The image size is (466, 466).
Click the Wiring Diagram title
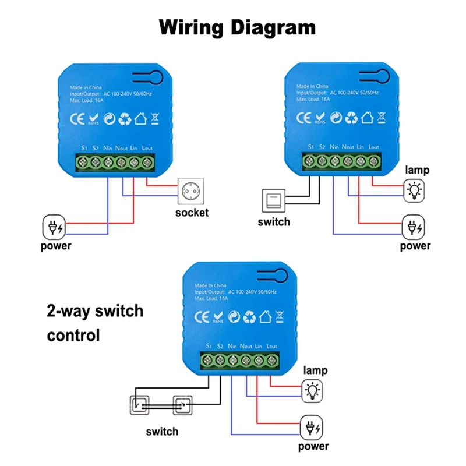click(238, 27)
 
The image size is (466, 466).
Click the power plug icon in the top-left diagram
click(55, 226)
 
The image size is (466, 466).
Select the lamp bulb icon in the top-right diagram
click(414, 189)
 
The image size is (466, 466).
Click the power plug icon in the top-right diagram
click(414, 225)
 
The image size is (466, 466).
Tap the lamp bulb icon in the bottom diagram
click(313, 390)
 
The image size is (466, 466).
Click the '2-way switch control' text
click(94, 323)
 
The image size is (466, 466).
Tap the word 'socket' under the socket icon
click(192, 213)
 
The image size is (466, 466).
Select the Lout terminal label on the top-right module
click(374, 147)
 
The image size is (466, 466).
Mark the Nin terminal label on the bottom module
click(232, 347)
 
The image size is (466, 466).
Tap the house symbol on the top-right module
click(367, 118)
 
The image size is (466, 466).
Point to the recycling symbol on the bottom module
click(249, 317)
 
